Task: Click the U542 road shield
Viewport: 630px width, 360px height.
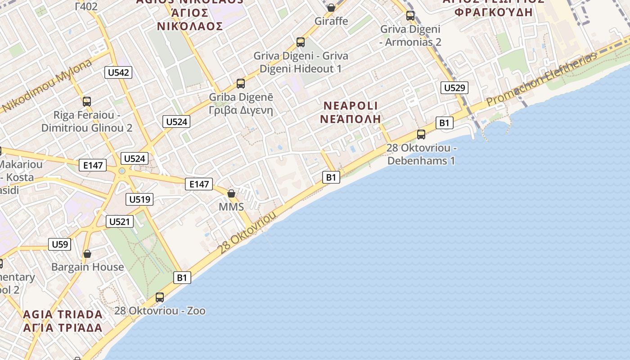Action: pyautogui.click(x=118, y=72)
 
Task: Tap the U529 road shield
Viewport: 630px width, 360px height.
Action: pyautogui.click(x=454, y=88)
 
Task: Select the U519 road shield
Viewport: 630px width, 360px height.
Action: pyautogui.click(x=140, y=199)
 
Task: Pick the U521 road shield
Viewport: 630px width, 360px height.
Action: pyautogui.click(x=120, y=221)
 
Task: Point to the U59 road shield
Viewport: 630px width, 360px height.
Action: pyautogui.click(x=60, y=244)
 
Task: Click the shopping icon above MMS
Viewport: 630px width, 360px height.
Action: pyautogui.click(x=231, y=193)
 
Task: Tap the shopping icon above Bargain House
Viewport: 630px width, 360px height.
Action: pyautogui.click(x=87, y=254)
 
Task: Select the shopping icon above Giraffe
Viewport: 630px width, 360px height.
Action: pyautogui.click(x=331, y=8)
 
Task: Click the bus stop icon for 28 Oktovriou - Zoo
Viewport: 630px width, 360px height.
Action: pyautogui.click(x=160, y=297)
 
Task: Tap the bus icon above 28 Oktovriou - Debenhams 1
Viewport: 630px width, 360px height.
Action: pyautogui.click(x=421, y=134)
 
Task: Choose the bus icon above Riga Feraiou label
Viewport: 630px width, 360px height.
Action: pyautogui.click(x=87, y=102)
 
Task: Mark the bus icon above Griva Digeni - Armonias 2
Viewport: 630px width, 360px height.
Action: pyautogui.click(x=410, y=16)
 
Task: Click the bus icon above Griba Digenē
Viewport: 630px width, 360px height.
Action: pyautogui.click(x=241, y=83)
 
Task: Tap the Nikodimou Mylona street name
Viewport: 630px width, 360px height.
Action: pyautogui.click(x=48, y=85)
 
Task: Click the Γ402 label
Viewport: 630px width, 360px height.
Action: pyautogui.click(x=86, y=6)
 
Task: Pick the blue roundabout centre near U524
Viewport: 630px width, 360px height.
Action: pyautogui.click(x=122, y=171)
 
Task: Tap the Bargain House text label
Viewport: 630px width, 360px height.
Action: pyautogui.click(x=87, y=267)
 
